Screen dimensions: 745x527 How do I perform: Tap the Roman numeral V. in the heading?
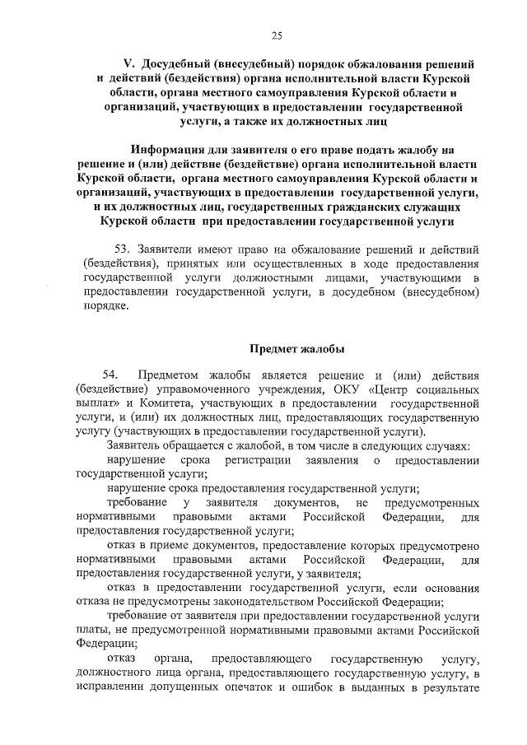coord(128,63)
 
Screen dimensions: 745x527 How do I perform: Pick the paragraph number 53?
coord(120,249)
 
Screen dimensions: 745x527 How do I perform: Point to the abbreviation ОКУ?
coord(350,389)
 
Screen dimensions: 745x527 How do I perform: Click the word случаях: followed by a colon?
coord(445,445)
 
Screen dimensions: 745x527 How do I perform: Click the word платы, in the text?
coord(91,631)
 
